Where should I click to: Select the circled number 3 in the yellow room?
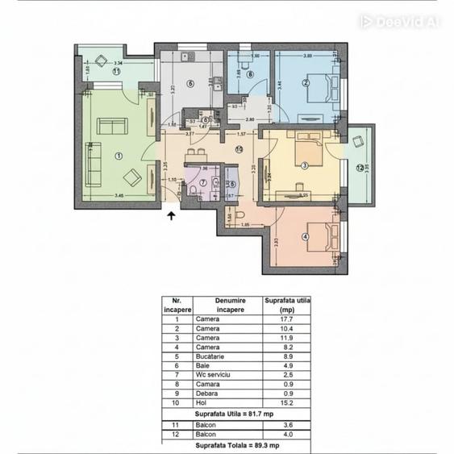pos(304,166)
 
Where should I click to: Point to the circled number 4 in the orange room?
pos(304,236)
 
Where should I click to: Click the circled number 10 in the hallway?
pos(239,149)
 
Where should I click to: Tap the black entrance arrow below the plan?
pos(171,214)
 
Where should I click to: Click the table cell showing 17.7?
pos(287,319)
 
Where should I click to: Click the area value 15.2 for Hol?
pos(287,402)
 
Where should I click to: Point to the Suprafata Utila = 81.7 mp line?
pos(235,413)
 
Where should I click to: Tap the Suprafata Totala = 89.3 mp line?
pos(235,445)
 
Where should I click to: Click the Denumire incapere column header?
pos(227,303)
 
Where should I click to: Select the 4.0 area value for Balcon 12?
pos(287,435)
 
